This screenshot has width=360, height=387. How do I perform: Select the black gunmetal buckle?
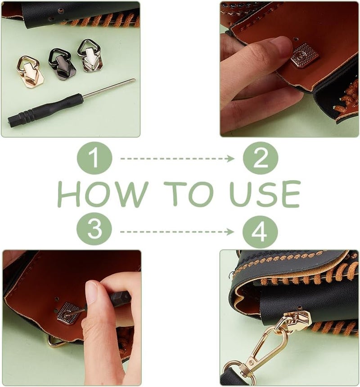click(x=62, y=64)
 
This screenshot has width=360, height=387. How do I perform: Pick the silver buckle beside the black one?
click(x=90, y=56)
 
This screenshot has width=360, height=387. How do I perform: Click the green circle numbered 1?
click(x=94, y=158)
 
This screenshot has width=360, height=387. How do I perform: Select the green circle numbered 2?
click(x=261, y=158)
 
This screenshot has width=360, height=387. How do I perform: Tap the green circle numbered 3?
click(x=94, y=229)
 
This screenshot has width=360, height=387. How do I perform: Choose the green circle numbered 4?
click(x=260, y=232)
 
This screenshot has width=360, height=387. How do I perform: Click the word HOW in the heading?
click(x=103, y=194)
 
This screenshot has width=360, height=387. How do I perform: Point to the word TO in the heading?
click(x=188, y=194)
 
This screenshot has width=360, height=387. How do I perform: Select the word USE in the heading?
click(x=265, y=194)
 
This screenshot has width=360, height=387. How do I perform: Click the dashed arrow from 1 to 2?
click(x=177, y=159)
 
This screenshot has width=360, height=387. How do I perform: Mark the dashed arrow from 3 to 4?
click(x=177, y=232)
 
